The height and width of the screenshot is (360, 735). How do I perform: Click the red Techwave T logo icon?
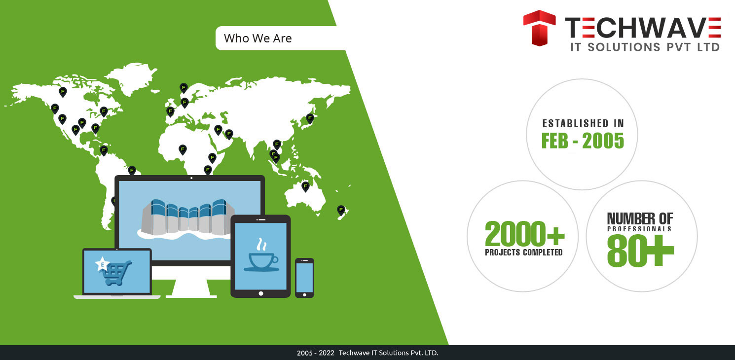point(539,28)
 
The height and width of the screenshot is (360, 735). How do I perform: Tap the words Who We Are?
point(258,38)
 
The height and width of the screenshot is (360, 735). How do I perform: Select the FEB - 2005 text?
point(583,141)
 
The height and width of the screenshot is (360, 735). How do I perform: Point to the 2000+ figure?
point(524,234)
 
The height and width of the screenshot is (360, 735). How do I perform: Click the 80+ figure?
point(640,251)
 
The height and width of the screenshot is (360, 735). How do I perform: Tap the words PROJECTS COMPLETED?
point(524,252)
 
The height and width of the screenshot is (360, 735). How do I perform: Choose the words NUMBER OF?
point(640,219)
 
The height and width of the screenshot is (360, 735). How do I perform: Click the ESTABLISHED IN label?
point(583,123)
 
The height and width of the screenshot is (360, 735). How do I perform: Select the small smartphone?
point(304,278)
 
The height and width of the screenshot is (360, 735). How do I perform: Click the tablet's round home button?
point(261,293)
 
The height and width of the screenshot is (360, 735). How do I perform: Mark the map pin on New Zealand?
point(341,210)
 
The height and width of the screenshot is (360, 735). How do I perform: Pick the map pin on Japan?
point(310,118)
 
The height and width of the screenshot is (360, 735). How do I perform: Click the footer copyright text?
point(367,353)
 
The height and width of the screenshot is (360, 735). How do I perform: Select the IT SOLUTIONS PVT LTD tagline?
point(645,47)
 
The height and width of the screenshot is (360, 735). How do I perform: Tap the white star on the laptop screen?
point(103,264)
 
